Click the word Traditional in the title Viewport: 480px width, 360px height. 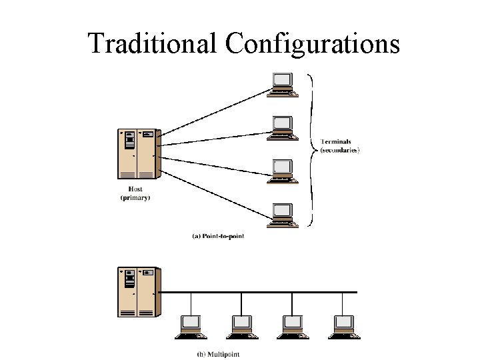tap(153, 43)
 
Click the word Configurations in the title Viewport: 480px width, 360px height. tap(313, 45)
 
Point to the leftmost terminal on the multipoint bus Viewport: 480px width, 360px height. tap(190, 324)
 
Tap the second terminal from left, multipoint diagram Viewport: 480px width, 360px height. tap(241, 324)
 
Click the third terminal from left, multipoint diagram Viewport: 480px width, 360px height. tap(293, 324)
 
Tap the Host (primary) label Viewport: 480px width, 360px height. tap(135, 193)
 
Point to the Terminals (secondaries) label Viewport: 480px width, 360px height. tap(340, 146)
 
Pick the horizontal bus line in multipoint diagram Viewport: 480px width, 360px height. tap(267, 292)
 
